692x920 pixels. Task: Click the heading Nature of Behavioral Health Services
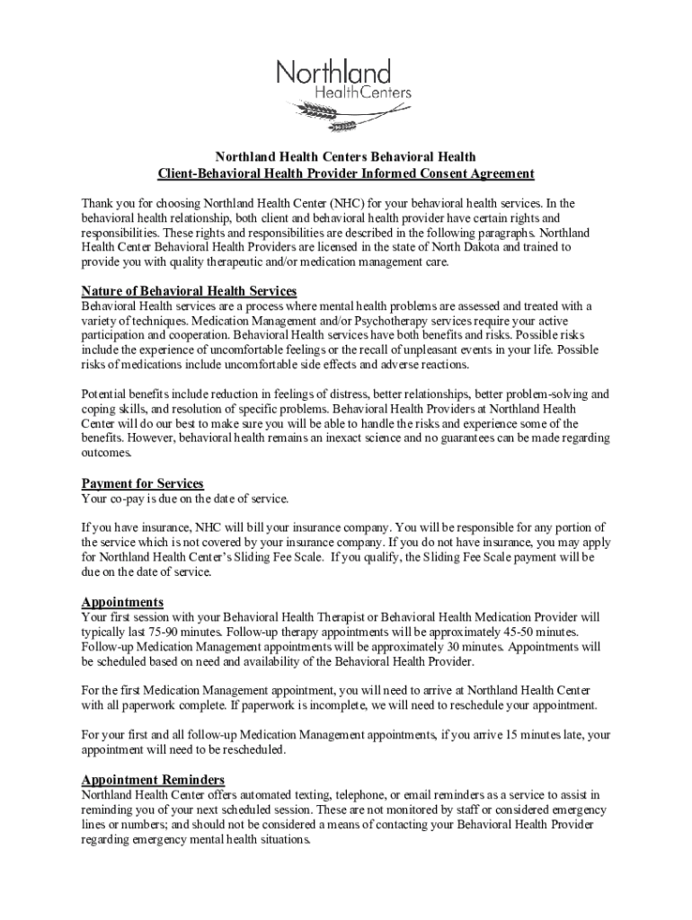(x=189, y=291)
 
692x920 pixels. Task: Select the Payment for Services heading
(x=142, y=484)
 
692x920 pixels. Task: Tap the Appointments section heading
(x=122, y=602)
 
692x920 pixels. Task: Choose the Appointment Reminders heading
(x=153, y=780)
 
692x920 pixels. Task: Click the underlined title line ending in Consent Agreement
(x=345, y=173)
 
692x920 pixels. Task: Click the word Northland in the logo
(x=333, y=72)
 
